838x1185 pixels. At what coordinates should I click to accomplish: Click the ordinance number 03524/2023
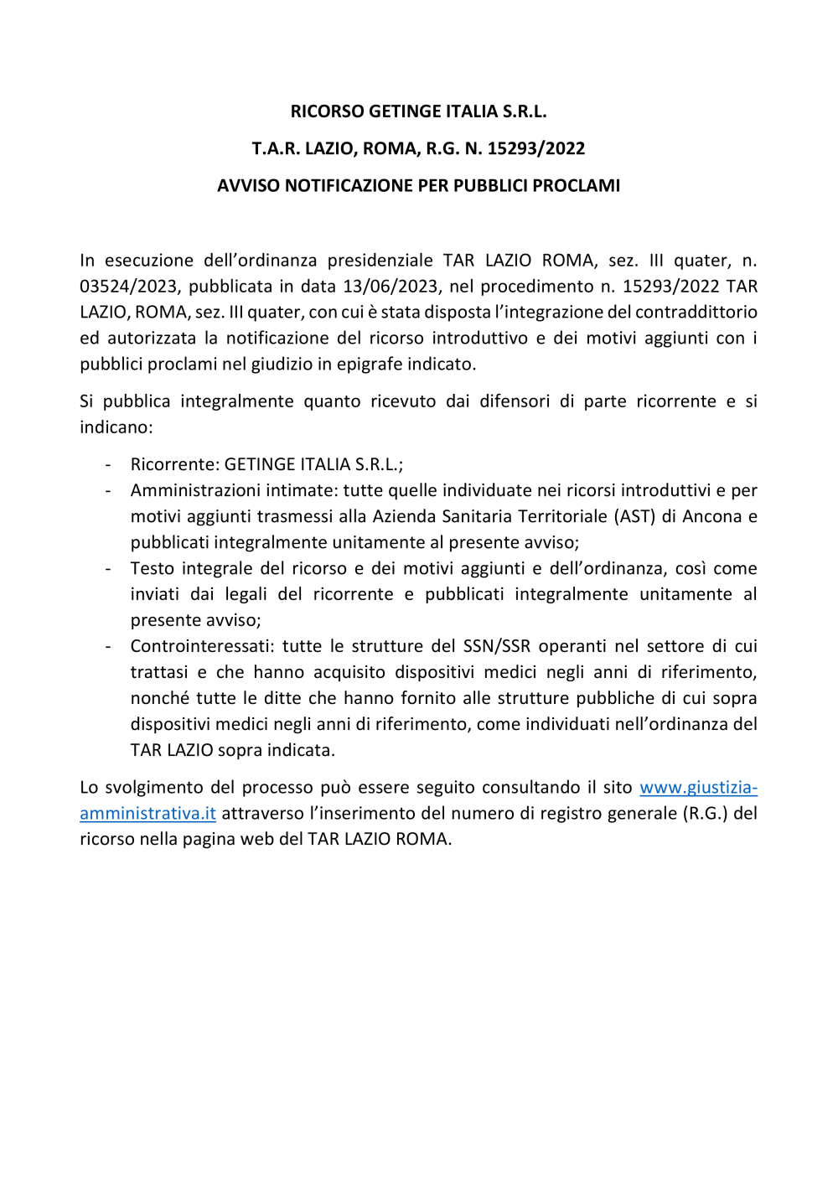129,287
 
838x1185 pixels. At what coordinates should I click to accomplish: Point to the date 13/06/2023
391,287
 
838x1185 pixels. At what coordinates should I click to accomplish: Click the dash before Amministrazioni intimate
108,491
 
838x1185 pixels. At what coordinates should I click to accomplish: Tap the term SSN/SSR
497,647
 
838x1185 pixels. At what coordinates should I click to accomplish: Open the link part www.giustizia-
698,788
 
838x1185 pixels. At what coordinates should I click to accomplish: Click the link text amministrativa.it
147,814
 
